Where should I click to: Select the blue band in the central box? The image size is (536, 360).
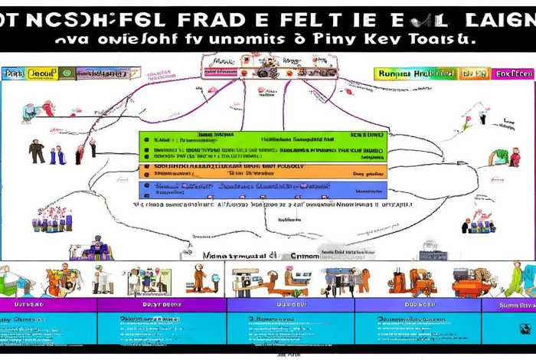[x=263, y=189]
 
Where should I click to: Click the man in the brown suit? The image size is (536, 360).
[x=36, y=151]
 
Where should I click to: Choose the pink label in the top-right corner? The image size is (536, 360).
[x=511, y=74]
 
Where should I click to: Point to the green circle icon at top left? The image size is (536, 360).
[x=66, y=74]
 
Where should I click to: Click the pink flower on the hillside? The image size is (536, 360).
[x=466, y=120]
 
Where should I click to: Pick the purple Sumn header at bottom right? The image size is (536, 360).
[x=508, y=305]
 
